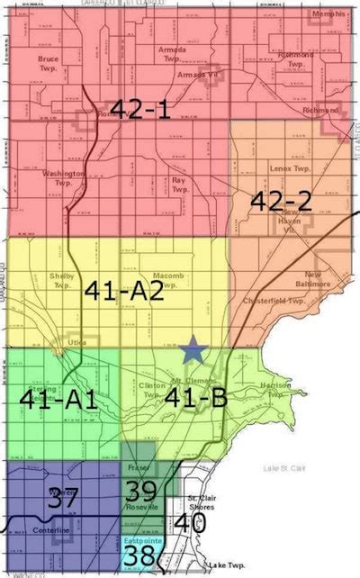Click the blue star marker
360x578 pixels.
(x=191, y=349)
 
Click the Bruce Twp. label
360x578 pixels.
(x=49, y=63)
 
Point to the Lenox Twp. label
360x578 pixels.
(x=289, y=167)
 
